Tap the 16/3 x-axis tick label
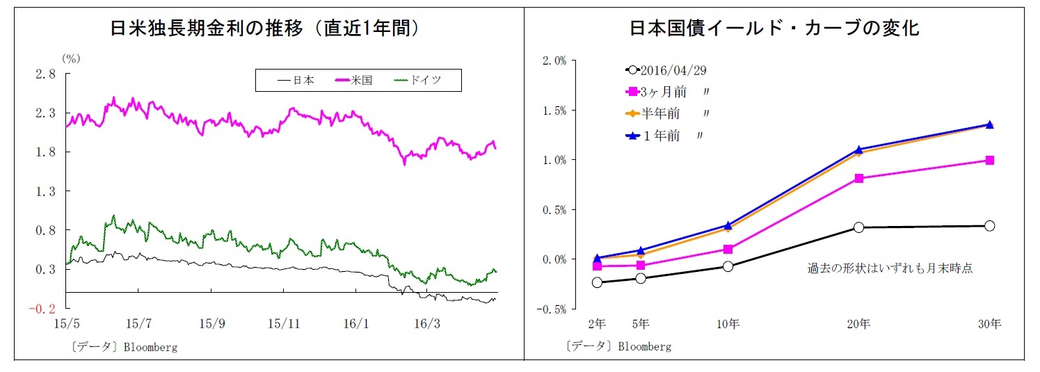tap(427, 323)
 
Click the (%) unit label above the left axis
tap(72, 59)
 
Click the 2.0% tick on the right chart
tap(554, 60)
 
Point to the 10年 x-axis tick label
tap(728, 324)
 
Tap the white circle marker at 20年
tap(858, 227)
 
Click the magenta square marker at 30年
tap(989, 161)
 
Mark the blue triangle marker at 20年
tap(858, 149)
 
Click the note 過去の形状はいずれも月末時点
tap(889, 268)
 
